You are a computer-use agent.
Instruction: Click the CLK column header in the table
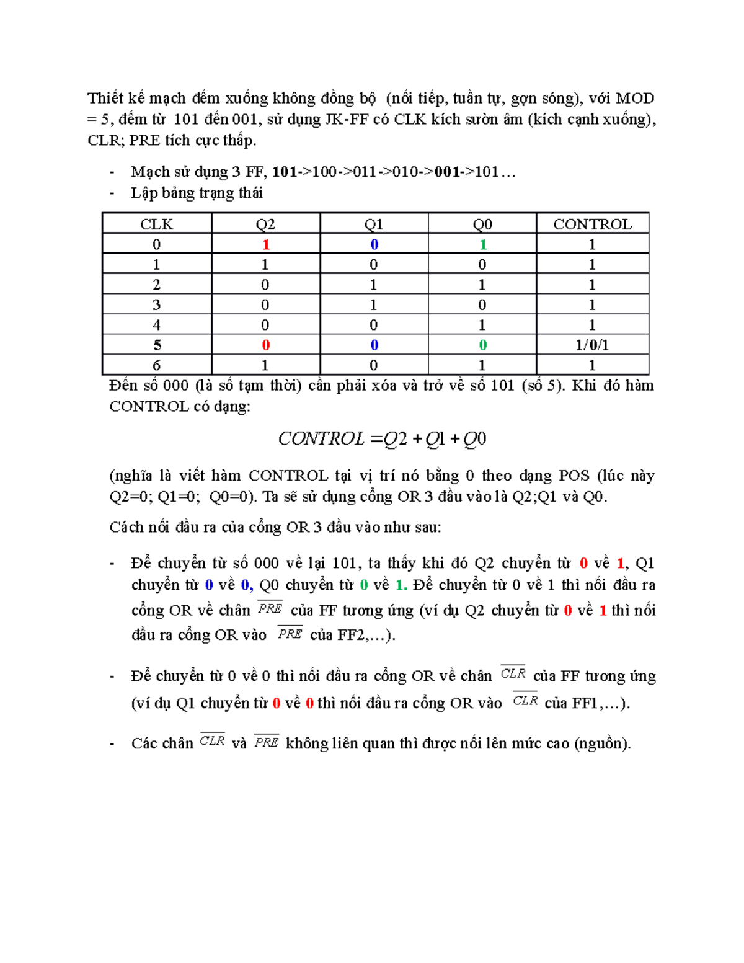coord(156,224)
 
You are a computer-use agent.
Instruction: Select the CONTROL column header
coord(592,224)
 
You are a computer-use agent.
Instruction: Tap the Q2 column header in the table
coord(265,224)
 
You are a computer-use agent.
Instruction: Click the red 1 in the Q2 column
coord(266,244)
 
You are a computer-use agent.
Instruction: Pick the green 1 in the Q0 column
coord(482,244)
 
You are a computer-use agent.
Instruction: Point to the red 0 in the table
coord(266,345)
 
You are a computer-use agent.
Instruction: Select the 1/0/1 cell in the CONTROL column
coord(592,345)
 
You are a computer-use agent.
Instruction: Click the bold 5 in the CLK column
coord(157,345)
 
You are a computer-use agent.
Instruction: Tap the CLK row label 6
coord(156,365)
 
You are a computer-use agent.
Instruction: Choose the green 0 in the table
coord(482,345)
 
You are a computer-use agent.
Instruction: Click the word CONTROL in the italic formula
coord(321,439)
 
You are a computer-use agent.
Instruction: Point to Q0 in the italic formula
coord(474,439)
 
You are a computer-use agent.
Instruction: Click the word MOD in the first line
coord(635,99)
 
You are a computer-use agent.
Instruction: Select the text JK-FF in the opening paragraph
coord(347,119)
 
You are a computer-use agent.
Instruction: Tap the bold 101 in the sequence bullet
coord(285,172)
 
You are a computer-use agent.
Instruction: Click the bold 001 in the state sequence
coord(447,172)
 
